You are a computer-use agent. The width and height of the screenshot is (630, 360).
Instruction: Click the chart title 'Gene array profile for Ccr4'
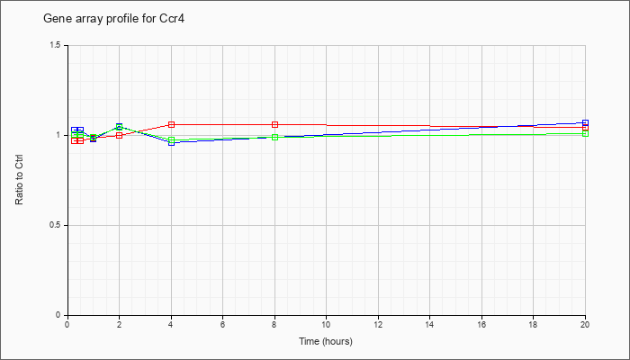pos(113,19)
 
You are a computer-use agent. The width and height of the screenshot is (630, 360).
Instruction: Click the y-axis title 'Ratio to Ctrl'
pos(19,181)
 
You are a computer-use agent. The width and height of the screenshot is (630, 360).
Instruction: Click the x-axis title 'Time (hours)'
pos(326,341)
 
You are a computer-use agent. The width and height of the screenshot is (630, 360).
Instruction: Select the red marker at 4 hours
pos(172,124)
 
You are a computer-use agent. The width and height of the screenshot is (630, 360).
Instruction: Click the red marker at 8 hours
pos(274,124)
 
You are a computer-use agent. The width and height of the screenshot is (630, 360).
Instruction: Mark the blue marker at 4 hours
pos(172,142)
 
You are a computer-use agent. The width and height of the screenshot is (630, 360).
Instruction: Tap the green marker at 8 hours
pos(274,137)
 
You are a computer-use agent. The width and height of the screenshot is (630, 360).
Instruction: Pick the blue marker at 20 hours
pos(585,122)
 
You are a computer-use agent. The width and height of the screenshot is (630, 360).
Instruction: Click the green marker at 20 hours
pos(585,133)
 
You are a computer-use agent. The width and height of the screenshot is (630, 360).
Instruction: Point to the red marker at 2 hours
pos(120,135)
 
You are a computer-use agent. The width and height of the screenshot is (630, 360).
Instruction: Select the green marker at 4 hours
pos(172,139)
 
